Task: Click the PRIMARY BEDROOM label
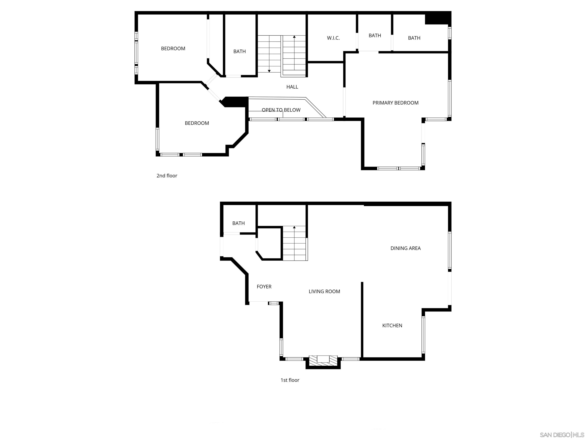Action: (395, 103)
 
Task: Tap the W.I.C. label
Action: (333, 38)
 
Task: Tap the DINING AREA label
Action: (405, 248)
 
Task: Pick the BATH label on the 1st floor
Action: (238, 223)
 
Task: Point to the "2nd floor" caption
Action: (167, 175)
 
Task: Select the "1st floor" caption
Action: (290, 380)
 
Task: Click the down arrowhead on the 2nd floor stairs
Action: (269, 71)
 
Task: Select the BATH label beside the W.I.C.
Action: (375, 35)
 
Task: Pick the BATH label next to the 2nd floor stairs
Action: (239, 51)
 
